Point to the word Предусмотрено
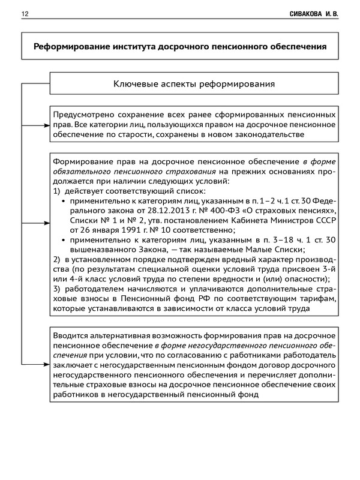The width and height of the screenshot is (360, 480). tap(85, 114)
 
